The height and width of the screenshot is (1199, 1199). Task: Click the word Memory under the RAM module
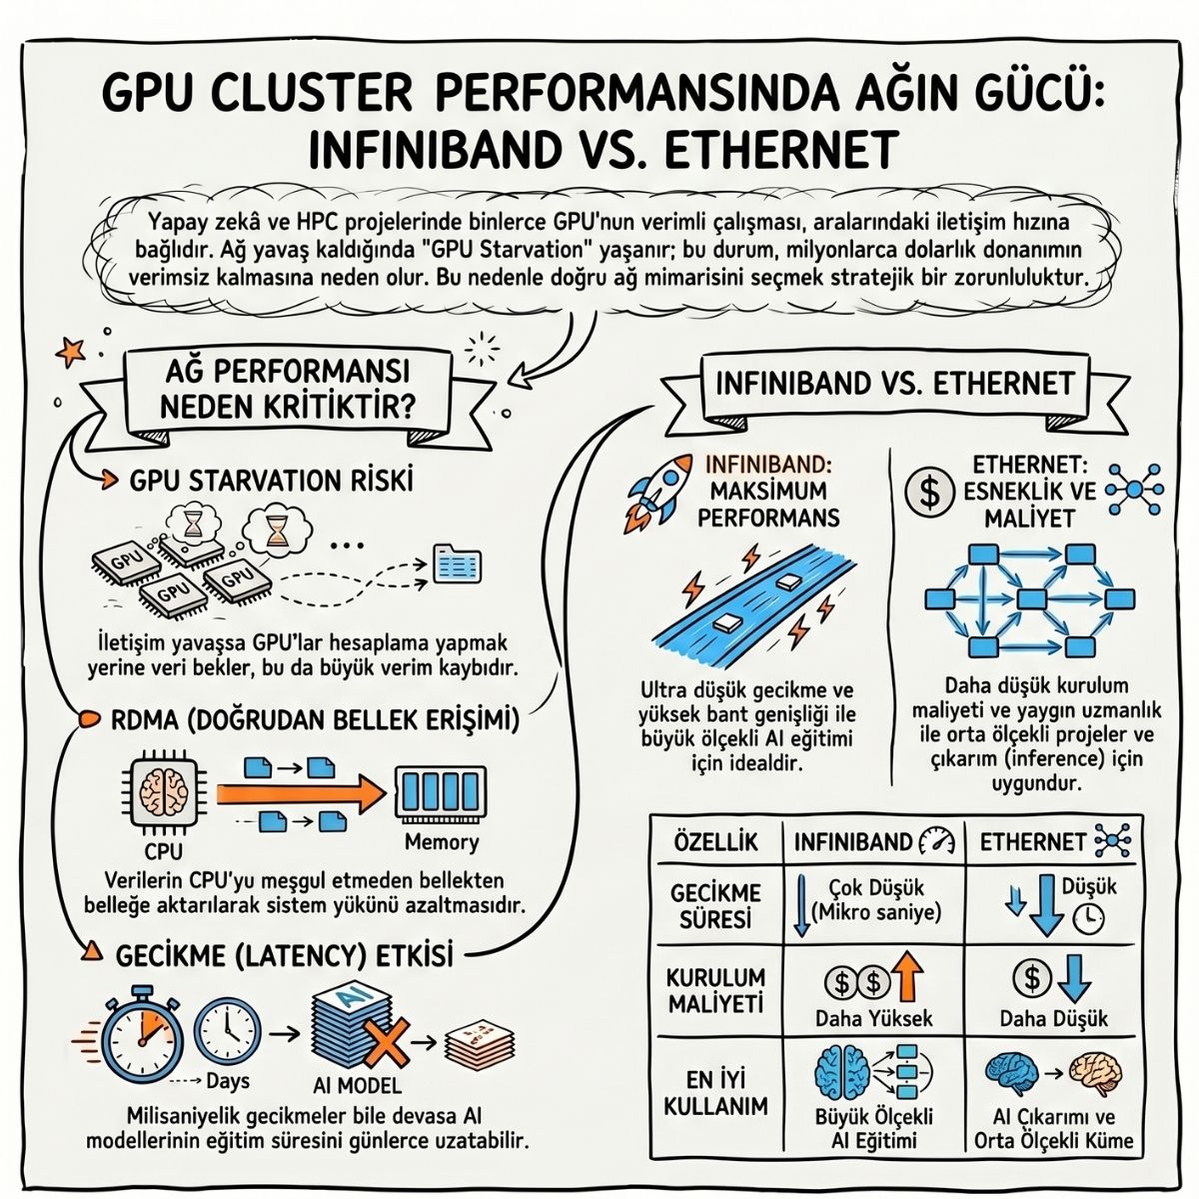pos(442,842)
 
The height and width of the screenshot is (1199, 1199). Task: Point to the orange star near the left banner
pos(70,351)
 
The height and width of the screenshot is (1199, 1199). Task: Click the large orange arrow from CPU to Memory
pos(302,794)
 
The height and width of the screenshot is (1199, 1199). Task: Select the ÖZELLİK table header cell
pos(715,842)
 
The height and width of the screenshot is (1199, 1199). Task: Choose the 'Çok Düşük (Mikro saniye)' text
pos(876,899)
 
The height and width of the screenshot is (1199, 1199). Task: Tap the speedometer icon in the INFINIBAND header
pos(937,842)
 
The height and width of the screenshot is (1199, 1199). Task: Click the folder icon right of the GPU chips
pos(458,564)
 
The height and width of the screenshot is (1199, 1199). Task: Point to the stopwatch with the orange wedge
pos(143,1037)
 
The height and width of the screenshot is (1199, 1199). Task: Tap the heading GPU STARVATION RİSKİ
pos(272,481)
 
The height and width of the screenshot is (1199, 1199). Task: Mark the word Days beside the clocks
pos(228,1081)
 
